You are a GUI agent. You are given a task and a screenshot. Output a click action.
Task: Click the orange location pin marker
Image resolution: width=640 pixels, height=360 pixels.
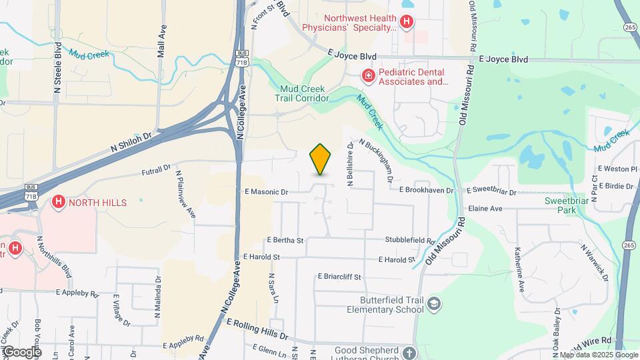321,159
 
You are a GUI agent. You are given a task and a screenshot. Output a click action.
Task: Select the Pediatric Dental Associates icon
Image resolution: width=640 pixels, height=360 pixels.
367,77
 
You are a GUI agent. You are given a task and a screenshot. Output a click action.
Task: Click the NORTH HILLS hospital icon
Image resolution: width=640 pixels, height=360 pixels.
59,202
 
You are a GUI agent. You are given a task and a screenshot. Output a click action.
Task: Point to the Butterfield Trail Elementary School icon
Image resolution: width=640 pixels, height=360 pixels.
435,304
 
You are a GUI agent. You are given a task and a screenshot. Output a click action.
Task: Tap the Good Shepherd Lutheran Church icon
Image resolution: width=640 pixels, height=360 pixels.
409,352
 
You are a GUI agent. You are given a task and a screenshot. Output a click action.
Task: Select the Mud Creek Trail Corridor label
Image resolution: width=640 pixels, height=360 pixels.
303,93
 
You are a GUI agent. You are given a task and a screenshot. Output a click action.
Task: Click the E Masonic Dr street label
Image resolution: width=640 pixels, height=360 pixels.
265,192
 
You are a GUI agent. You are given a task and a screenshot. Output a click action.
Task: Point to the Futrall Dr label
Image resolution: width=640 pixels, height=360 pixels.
157,171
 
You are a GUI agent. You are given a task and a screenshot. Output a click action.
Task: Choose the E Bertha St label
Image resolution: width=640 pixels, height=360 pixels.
285,240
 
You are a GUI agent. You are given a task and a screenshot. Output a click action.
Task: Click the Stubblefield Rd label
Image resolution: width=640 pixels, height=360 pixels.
409,239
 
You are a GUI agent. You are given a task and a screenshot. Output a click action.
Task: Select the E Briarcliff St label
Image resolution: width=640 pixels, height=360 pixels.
339,277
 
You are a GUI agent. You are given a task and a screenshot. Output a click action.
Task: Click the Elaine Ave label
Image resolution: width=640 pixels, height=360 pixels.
485,209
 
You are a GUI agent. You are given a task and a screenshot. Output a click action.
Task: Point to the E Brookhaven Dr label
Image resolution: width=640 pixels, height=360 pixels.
427,190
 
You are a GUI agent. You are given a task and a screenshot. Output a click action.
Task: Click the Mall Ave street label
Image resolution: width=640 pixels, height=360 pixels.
161,41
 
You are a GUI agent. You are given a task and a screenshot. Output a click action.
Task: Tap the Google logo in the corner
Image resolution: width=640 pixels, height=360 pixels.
22,351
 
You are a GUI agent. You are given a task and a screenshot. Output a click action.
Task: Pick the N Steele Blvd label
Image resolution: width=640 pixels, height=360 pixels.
58,67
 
